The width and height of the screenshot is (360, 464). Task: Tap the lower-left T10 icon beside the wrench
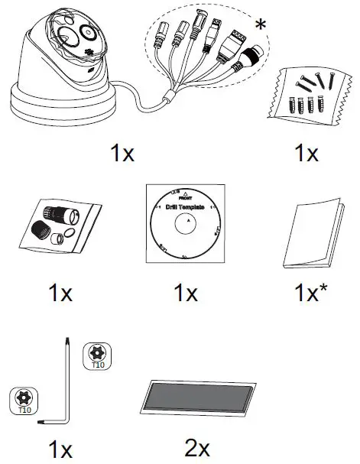click(26, 400)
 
